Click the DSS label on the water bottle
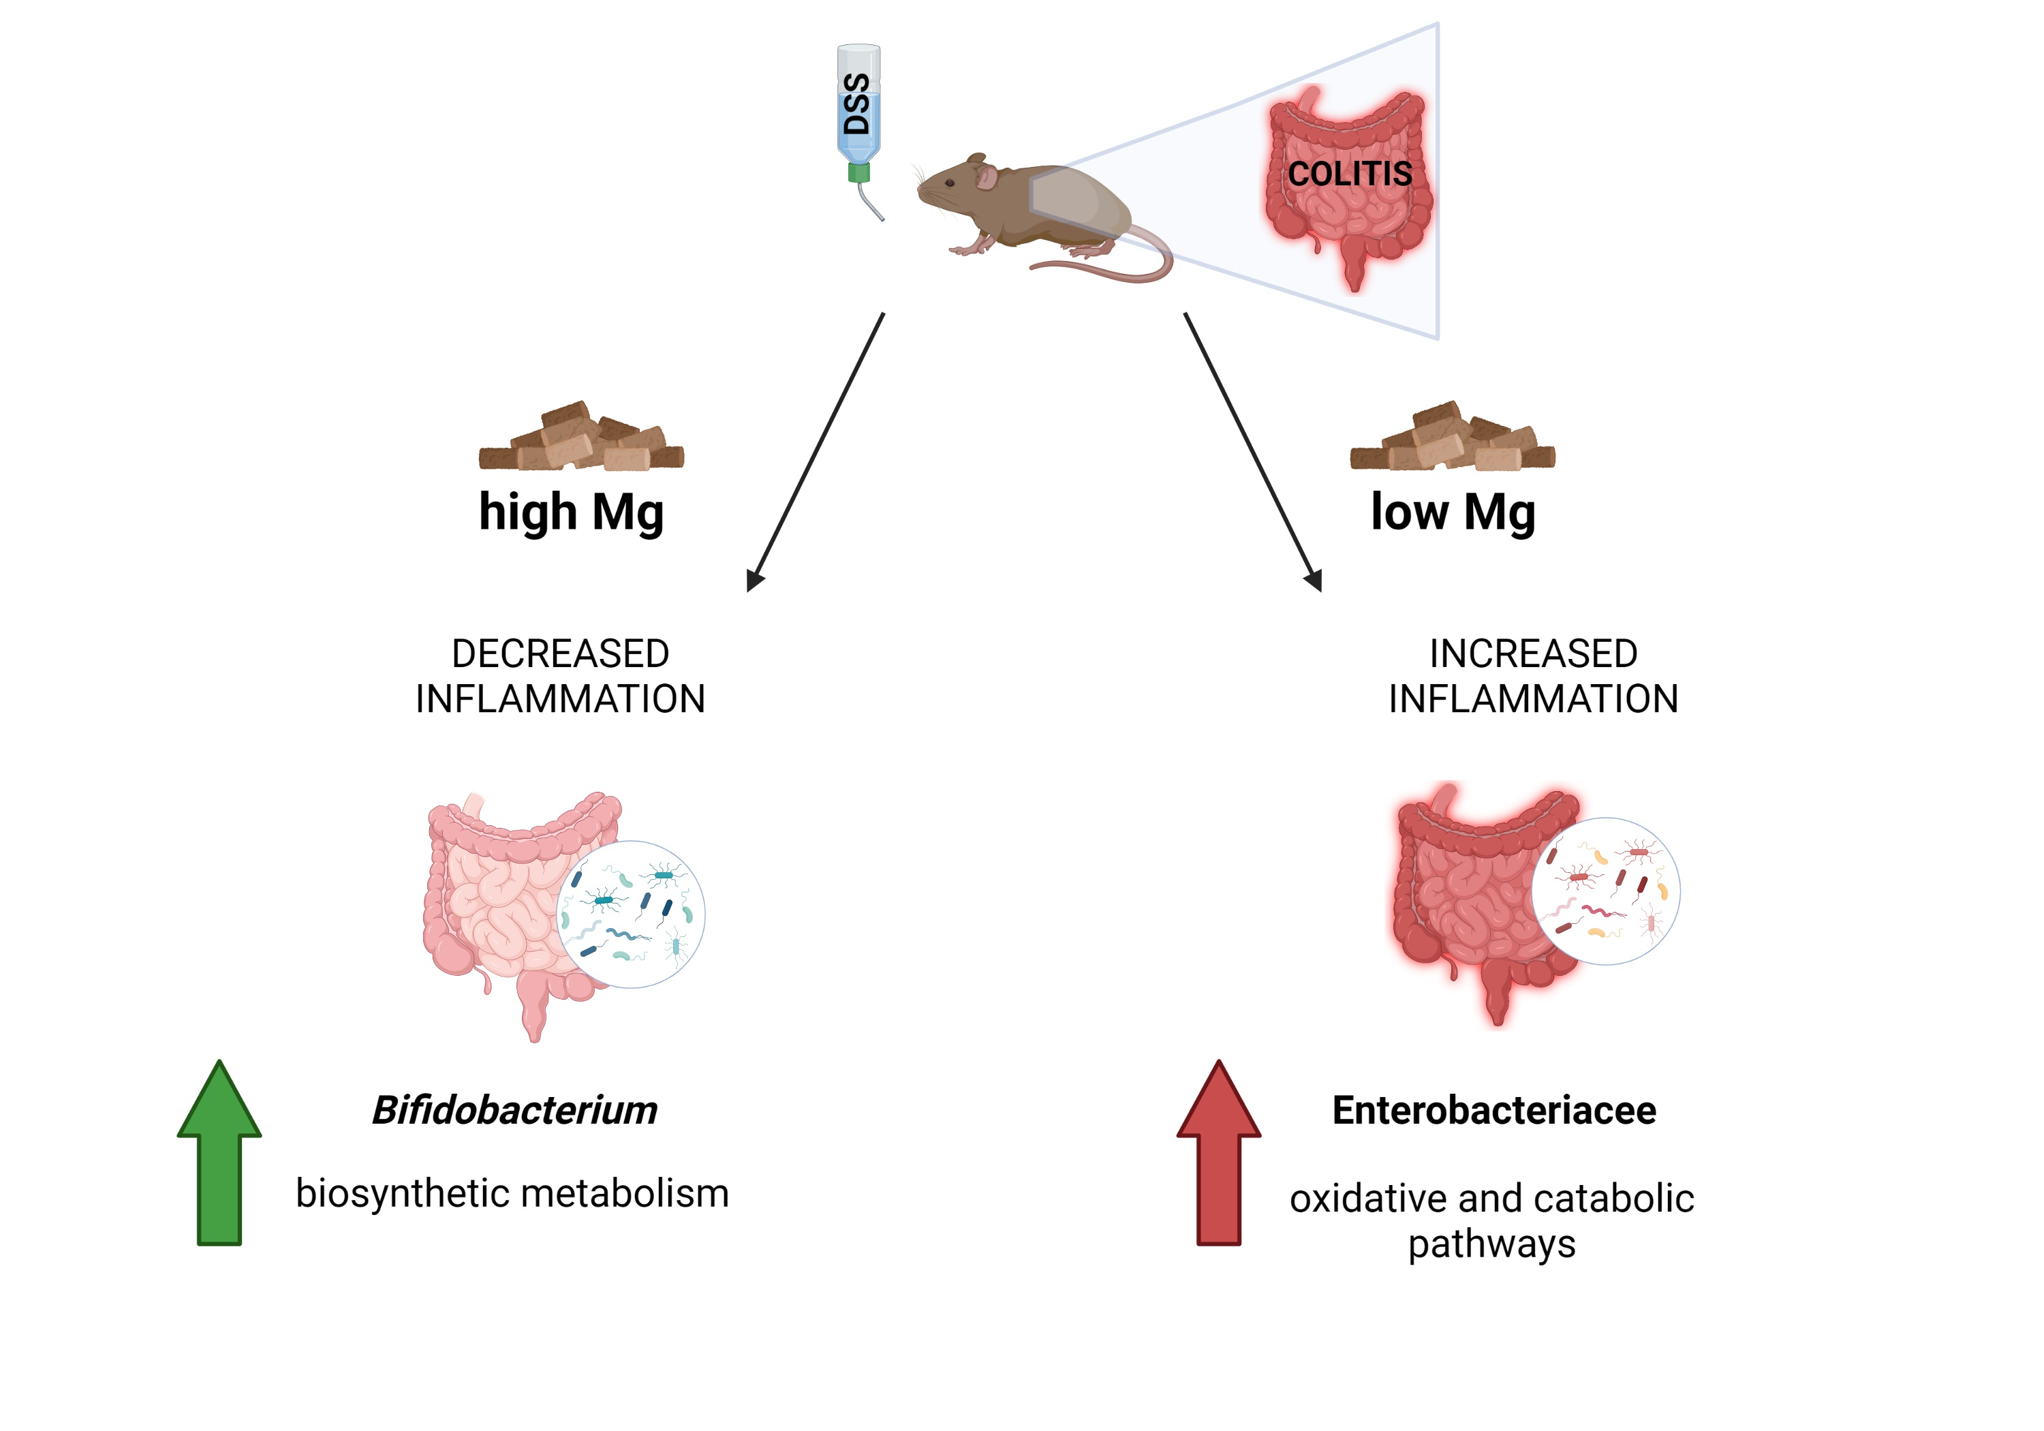[856, 104]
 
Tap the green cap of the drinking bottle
[858, 172]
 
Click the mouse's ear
[987, 177]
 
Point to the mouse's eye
[950, 183]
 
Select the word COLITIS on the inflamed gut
[1350, 174]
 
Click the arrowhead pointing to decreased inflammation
[755, 581]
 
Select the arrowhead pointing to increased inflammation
[1313, 581]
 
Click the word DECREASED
[560, 653]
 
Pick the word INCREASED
[1533, 653]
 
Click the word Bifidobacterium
[514, 1111]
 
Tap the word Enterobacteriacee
[1494, 1111]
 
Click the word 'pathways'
[1491, 1245]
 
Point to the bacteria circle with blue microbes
[630, 914]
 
